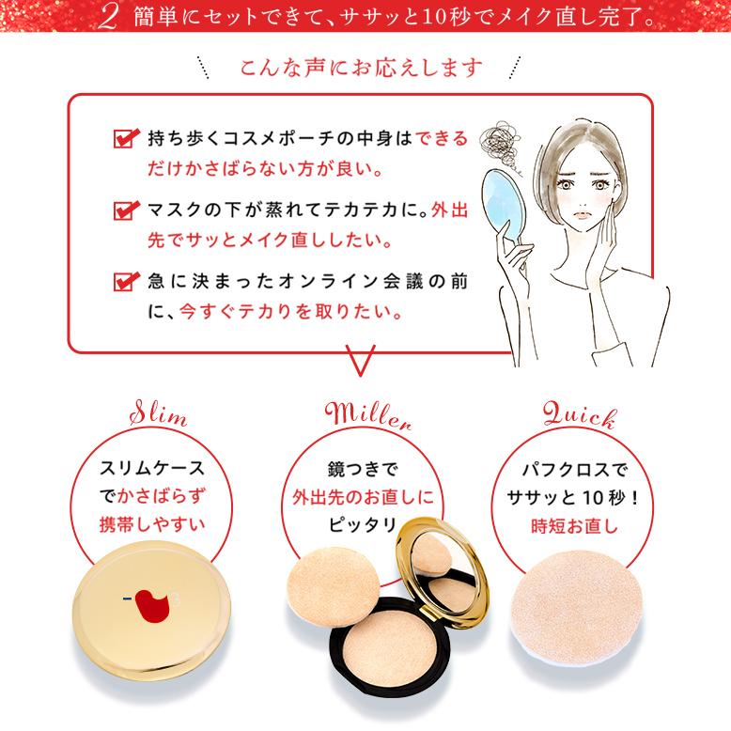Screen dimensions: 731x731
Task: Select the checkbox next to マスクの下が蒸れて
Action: click(123, 210)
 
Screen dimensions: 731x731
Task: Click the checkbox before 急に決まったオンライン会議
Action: click(123, 280)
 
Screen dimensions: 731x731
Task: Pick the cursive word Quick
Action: click(577, 414)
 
